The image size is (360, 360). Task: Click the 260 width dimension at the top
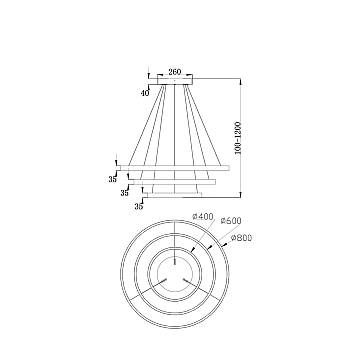(x=175, y=73)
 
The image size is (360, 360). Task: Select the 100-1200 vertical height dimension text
(x=253, y=126)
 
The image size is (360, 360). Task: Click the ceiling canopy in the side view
(x=175, y=83)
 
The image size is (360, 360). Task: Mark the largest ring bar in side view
(x=175, y=167)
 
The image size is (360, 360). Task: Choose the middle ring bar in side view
(x=175, y=181)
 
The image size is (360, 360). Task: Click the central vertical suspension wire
(x=175, y=130)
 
